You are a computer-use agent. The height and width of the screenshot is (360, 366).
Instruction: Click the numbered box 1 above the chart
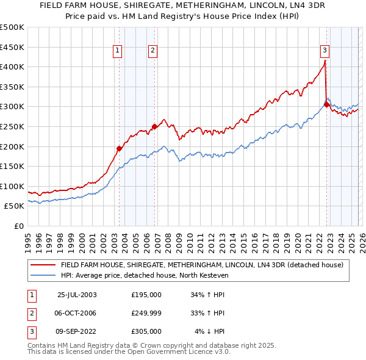(117, 51)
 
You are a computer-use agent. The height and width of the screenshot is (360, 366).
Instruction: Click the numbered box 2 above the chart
(152, 51)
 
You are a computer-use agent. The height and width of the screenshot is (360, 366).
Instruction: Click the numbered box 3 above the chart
(325, 51)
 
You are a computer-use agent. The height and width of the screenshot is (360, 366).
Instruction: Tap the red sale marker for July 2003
(120, 148)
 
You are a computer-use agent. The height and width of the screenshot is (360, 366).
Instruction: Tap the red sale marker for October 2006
(154, 126)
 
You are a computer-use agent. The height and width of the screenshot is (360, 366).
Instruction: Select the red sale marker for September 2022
(326, 104)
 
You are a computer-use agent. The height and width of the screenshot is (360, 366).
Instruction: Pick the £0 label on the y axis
(19, 226)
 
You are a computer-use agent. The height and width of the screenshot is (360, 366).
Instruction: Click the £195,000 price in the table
(146, 295)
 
